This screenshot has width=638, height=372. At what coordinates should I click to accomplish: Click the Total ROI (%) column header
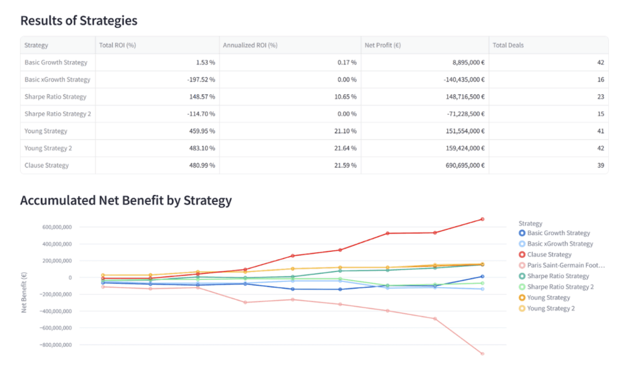click(117, 45)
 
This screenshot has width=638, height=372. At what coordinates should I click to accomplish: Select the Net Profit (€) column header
click(382, 45)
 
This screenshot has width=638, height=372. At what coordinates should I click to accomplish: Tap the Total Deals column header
click(508, 45)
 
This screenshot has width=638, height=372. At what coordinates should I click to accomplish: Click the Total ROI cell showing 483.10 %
click(202, 148)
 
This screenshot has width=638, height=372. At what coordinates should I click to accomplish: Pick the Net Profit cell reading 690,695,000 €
click(465, 165)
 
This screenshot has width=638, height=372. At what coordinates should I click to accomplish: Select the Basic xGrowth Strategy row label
click(57, 79)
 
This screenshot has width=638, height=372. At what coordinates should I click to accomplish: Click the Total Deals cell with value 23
click(600, 97)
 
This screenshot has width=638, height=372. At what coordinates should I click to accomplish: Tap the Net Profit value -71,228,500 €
click(466, 114)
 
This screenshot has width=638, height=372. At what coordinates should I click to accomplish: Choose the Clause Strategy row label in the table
click(47, 165)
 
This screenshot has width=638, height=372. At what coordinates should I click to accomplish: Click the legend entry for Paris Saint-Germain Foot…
click(566, 265)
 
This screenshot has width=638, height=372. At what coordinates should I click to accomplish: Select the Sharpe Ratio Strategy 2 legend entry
click(560, 287)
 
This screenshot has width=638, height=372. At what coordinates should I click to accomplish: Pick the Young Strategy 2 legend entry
click(551, 308)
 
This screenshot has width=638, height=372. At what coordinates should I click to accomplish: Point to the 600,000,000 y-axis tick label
click(57, 227)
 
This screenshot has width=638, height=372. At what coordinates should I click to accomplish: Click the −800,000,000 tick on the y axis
click(56, 345)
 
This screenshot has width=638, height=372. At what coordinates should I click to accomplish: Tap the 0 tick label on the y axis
click(70, 278)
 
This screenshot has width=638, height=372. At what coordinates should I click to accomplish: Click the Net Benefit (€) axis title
click(24, 293)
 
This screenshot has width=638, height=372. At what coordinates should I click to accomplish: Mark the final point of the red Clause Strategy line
click(482, 219)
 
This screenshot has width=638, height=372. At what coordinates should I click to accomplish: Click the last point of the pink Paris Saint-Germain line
click(482, 354)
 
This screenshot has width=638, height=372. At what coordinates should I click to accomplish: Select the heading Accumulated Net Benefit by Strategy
click(126, 200)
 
